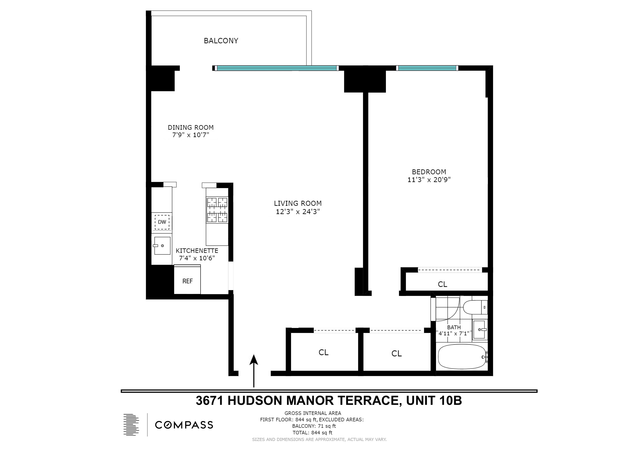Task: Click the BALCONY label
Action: pos(221,41)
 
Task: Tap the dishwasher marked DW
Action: pos(162,222)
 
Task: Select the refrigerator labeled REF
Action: pos(187,281)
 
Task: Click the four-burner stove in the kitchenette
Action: pos(217,210)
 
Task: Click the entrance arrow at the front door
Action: pos(254,370)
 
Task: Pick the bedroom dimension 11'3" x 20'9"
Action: pos(429,180)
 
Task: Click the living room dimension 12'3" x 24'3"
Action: pos(297,212)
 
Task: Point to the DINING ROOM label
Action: pos(191,128)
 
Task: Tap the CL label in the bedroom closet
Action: pos(443,284)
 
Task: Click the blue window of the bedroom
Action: pos(427,68)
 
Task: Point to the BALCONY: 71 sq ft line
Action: pos(314,426)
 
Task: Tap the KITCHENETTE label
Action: pos(197,251)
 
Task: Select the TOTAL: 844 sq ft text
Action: pos(312,433)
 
